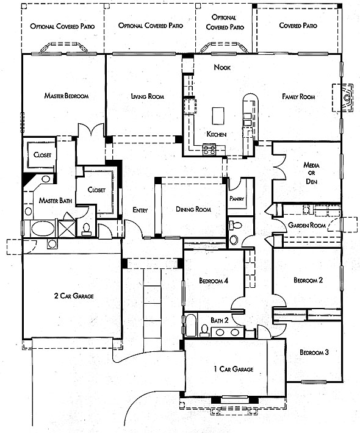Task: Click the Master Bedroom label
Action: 67,96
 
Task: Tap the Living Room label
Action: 148,96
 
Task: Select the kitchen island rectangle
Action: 218,116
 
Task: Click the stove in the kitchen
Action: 209,149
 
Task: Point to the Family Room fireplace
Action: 343,98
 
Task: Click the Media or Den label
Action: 311,173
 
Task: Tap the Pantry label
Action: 237,199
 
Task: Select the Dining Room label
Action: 193,209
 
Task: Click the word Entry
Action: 140,210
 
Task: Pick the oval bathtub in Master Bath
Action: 43,229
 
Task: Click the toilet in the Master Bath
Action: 87,229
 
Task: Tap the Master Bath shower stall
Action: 67,228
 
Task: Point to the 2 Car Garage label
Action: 74,296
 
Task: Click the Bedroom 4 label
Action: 214,281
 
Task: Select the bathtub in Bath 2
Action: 190,325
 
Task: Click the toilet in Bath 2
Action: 204,331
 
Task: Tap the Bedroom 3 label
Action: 314,352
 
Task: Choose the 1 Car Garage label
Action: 234,369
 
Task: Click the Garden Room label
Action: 307,225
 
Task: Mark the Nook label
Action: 222,67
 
